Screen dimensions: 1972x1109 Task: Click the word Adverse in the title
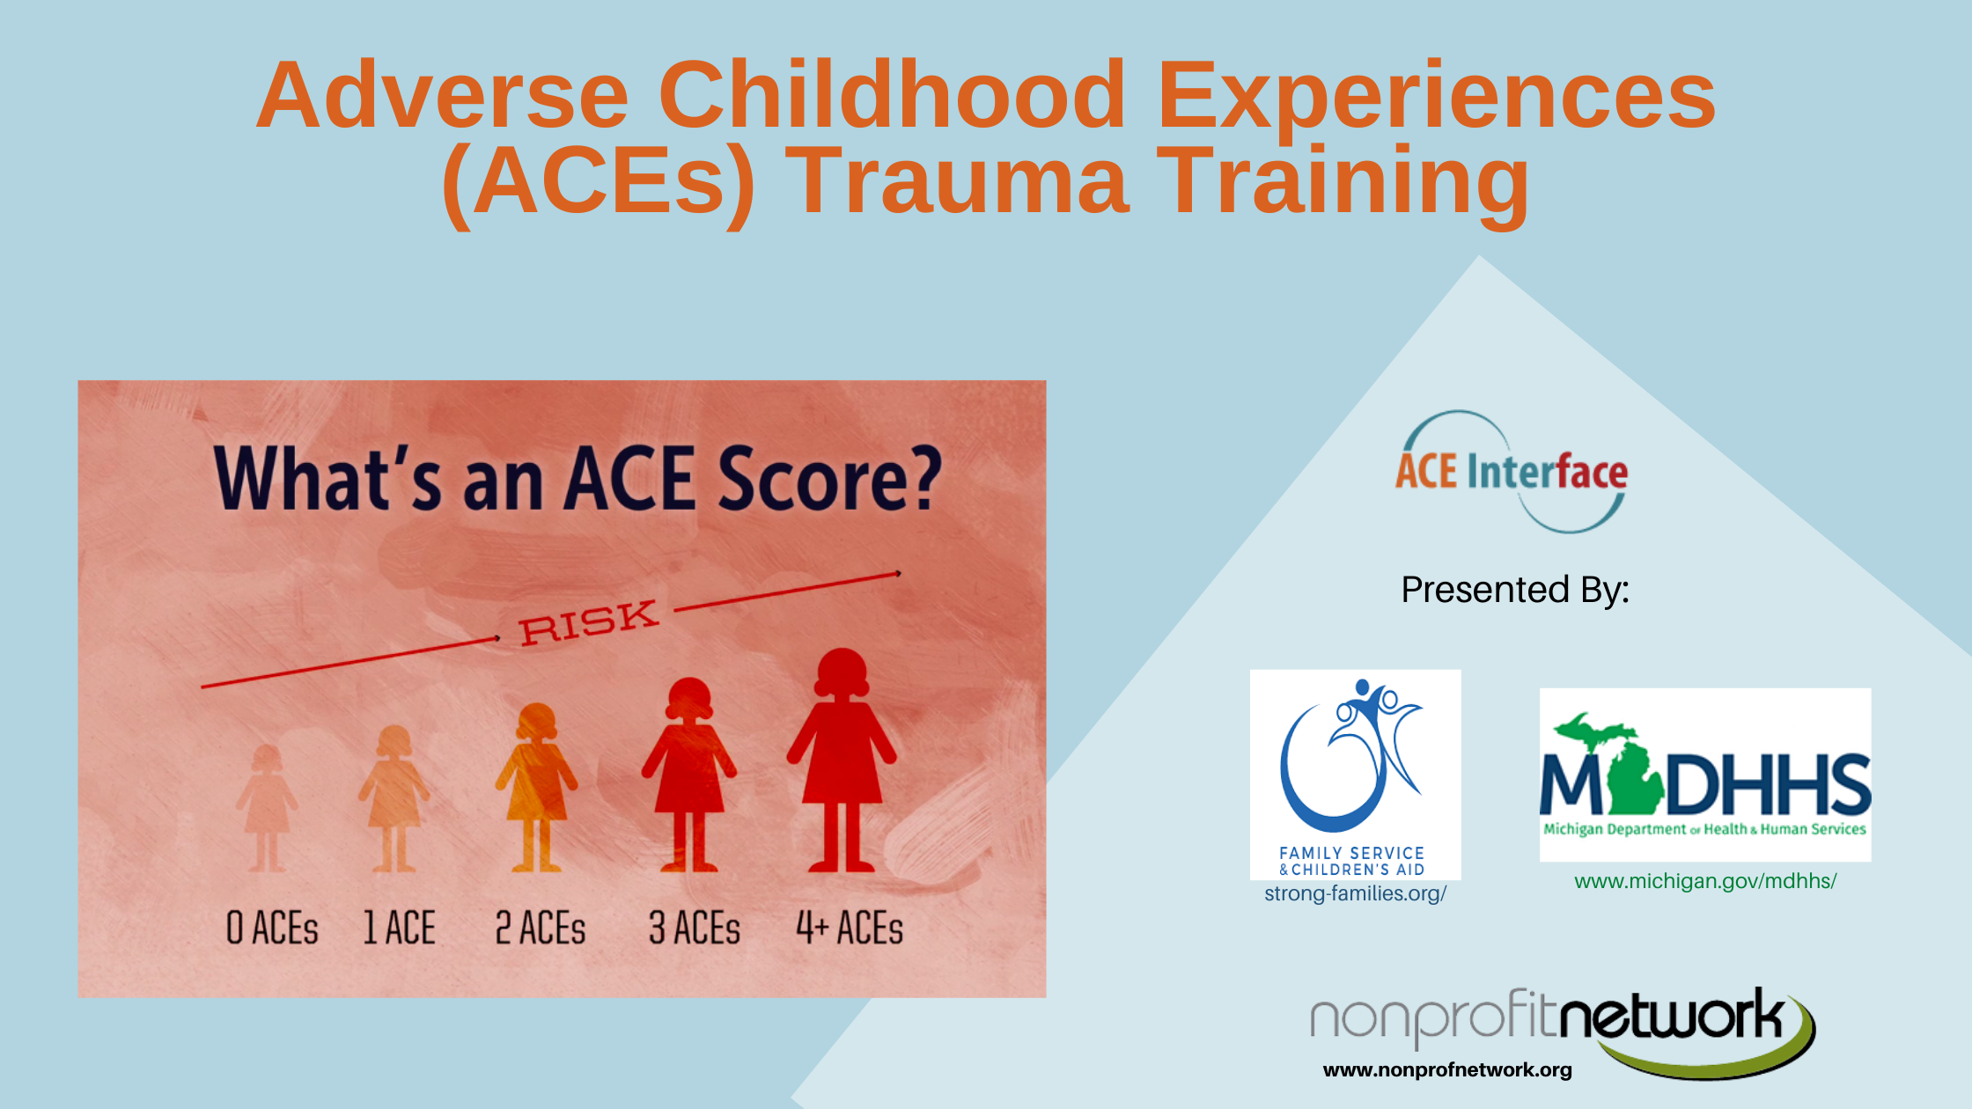[x=443, y=95]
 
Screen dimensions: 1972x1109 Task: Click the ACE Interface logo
[x=1512, y=472]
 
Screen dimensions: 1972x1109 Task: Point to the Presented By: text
[x=1515, y=590]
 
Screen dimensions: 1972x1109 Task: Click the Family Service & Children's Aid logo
[x=1355, y=775]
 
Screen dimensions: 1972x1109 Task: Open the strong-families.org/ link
[x=1355, y=893]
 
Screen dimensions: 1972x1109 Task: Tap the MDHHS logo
[x=1705, y=775]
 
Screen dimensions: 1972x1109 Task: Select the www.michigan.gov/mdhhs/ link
[x=1705, y=881]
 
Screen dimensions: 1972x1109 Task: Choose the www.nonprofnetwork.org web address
[x=1447, y=1070]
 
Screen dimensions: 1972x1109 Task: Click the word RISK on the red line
[x=589, y=622]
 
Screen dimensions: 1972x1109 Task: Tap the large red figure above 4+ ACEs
[x=842, y=760]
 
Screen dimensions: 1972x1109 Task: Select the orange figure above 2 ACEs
[x=536, y=787]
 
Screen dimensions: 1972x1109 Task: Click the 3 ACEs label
[x=695, y=928]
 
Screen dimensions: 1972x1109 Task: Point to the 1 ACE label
[x=400, y=928]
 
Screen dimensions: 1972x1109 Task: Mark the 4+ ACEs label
[x=850, y=928]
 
